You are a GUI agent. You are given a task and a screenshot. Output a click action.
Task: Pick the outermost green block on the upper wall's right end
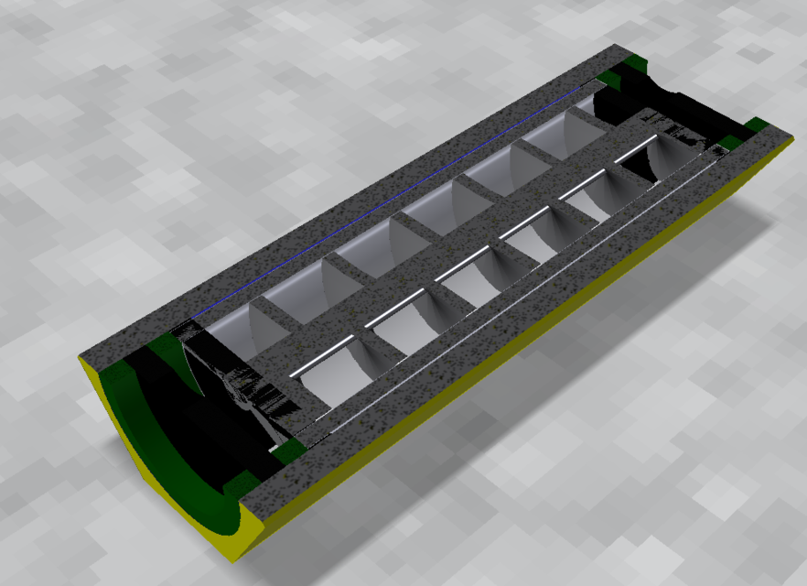(x=633, y=63)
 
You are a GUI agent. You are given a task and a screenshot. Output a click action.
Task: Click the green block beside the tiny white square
(x=291, y=449)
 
